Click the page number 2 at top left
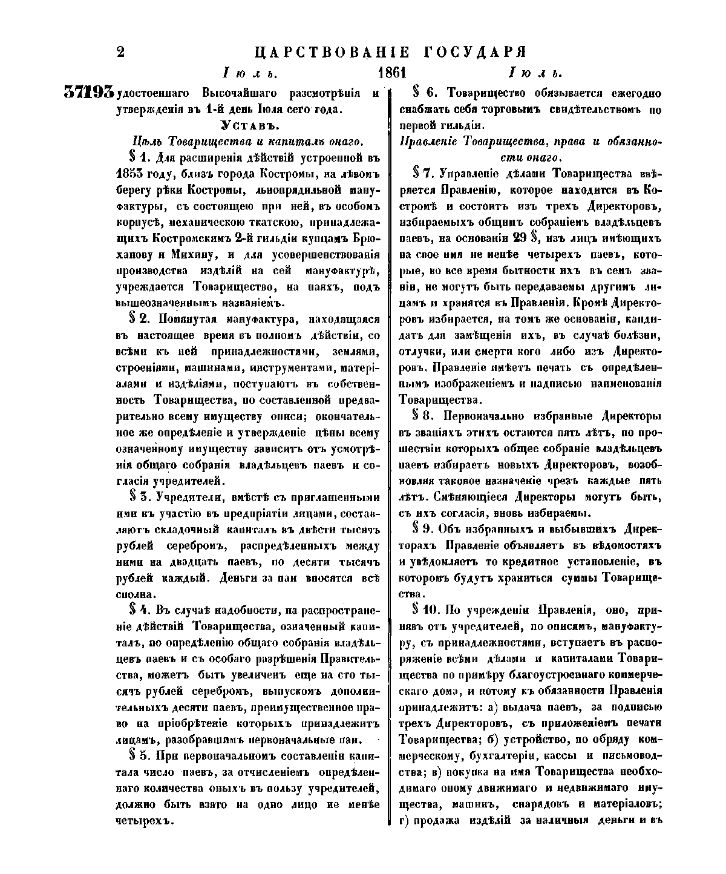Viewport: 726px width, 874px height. (120, 52)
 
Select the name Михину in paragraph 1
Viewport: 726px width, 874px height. (181, 254)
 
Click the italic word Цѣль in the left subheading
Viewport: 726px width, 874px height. (146, 142)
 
